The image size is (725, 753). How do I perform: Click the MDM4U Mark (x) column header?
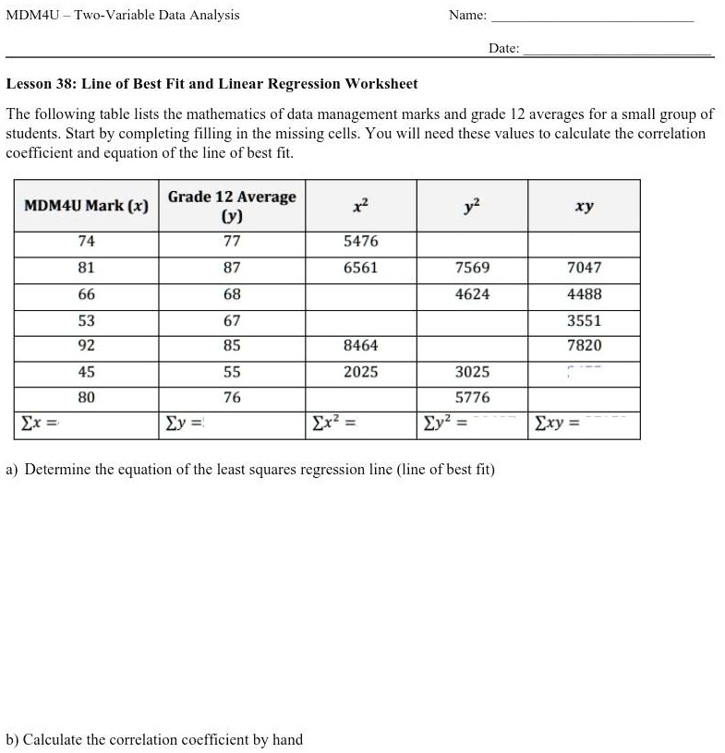click(x=86, y=206)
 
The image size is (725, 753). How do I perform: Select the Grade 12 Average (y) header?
click(x=232, y=206)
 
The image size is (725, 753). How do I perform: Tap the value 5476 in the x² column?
click(x=360, y=242)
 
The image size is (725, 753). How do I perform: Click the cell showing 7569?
click(x=473, y=268)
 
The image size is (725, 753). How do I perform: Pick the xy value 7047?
click(x=584, y=268)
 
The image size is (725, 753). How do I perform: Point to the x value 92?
click(x=86, y=346)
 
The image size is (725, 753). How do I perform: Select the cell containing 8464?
click(x=360, y=346)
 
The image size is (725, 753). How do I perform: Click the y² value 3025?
click(x=473, y=372)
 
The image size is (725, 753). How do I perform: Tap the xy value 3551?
click(x=584, y=321)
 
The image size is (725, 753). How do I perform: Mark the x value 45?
click(x=86, y=372)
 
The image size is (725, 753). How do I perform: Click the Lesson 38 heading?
click(x=211, y=84)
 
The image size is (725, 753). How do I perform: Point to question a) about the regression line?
click(x=250, y=470)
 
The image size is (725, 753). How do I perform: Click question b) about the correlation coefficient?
click(x=154, y=740)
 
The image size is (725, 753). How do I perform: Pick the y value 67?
click(x=232, y=321)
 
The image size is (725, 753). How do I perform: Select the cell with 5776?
click(x=473, y=398)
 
